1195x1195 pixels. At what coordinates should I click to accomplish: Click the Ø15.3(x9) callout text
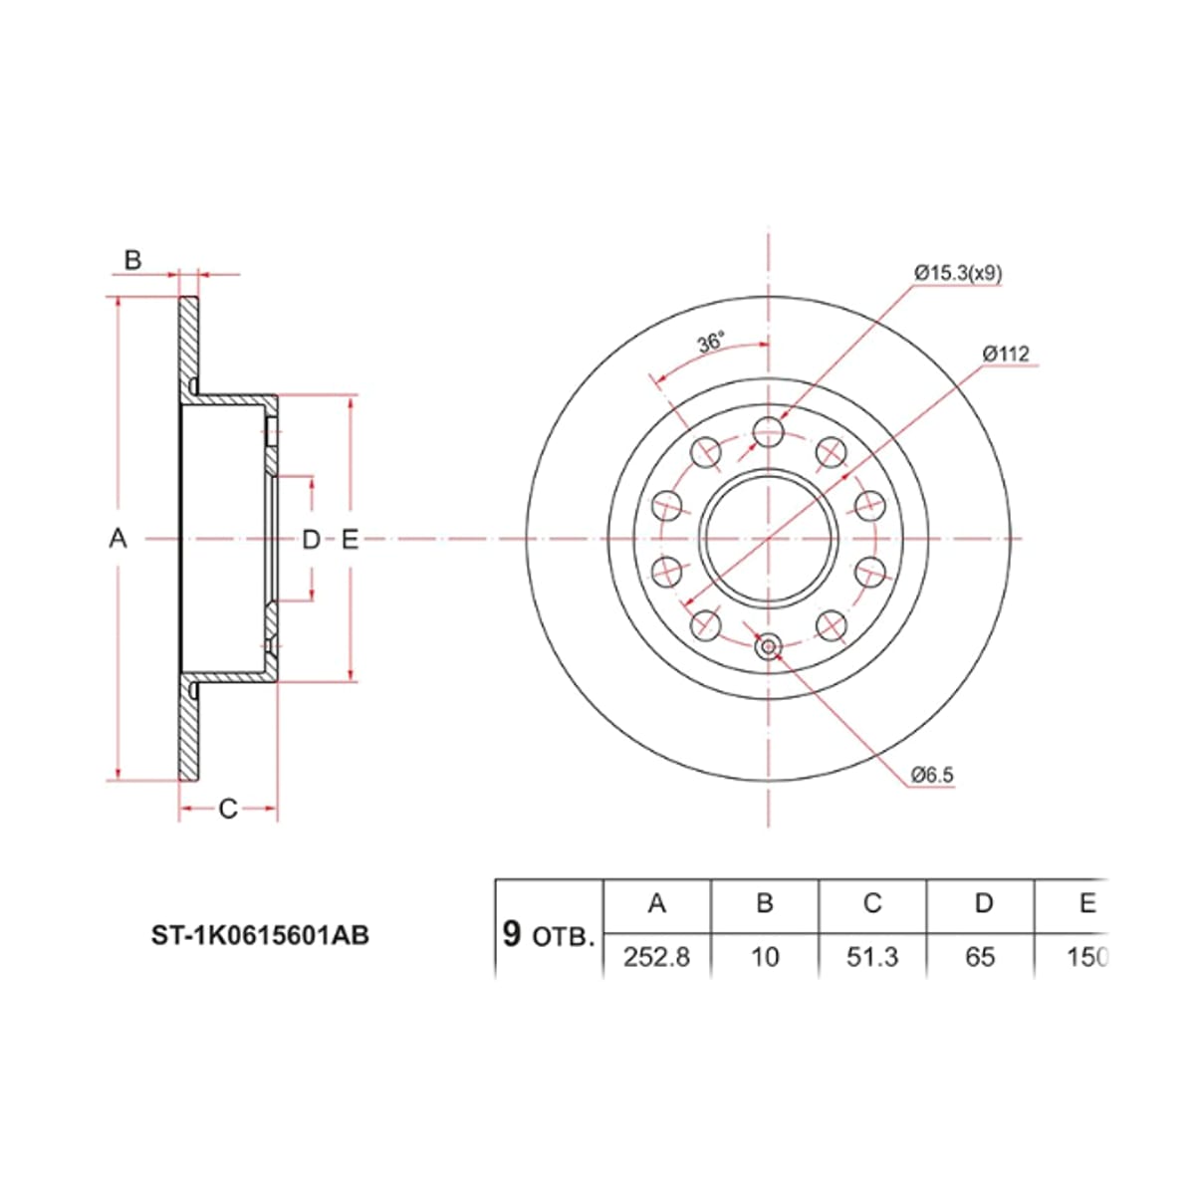coord(958,273)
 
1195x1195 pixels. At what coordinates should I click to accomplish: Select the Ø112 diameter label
coord(1006,354)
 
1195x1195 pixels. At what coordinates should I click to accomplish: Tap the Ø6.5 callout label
coord(932,775)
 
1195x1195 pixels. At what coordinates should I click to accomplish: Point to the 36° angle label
coord(711,343)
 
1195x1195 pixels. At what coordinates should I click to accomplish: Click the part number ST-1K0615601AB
coord(260,935)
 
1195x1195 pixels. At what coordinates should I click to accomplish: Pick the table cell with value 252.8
coord(656,957)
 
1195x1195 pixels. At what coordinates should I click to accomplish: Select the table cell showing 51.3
coord(872,957)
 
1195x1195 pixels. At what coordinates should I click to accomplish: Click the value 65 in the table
coord(980,957)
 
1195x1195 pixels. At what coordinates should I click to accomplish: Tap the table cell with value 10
coord(765,957)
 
